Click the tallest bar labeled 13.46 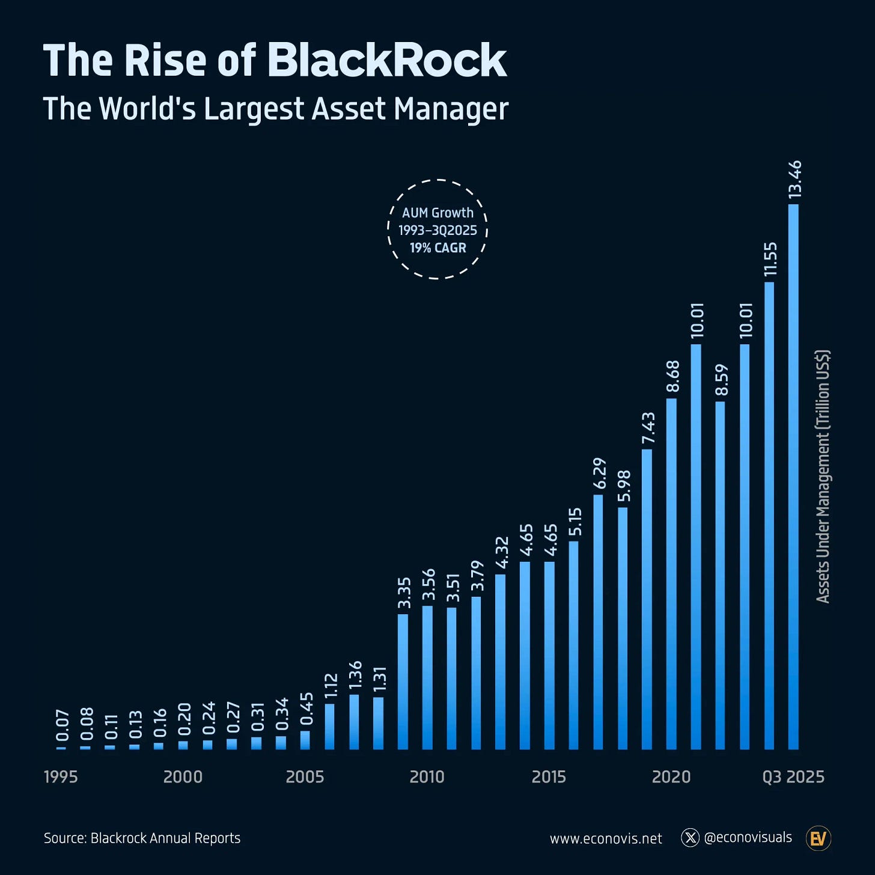tap(793, 481)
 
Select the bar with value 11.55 tap(769, 517)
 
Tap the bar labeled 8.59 tap(720, 577)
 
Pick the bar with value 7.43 tap(647, 601)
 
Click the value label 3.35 tap(404, 593)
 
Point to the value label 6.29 tap(599, 474)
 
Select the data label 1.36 tap(355, 675)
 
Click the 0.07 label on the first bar tap(62, 725)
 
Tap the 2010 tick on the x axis tap(427, 777)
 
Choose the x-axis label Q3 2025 tap(793, 777)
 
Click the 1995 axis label tap(61, 777)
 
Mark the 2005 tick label tap(305, 777)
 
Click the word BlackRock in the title tap(387, 61)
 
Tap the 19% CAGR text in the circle tap(437, 248)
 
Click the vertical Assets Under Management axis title tap(823, 476)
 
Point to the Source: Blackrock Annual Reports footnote tap(142, 838)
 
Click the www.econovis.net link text tap(606, 839)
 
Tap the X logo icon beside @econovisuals tap(690, 838)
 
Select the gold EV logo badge tap(818, 838)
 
